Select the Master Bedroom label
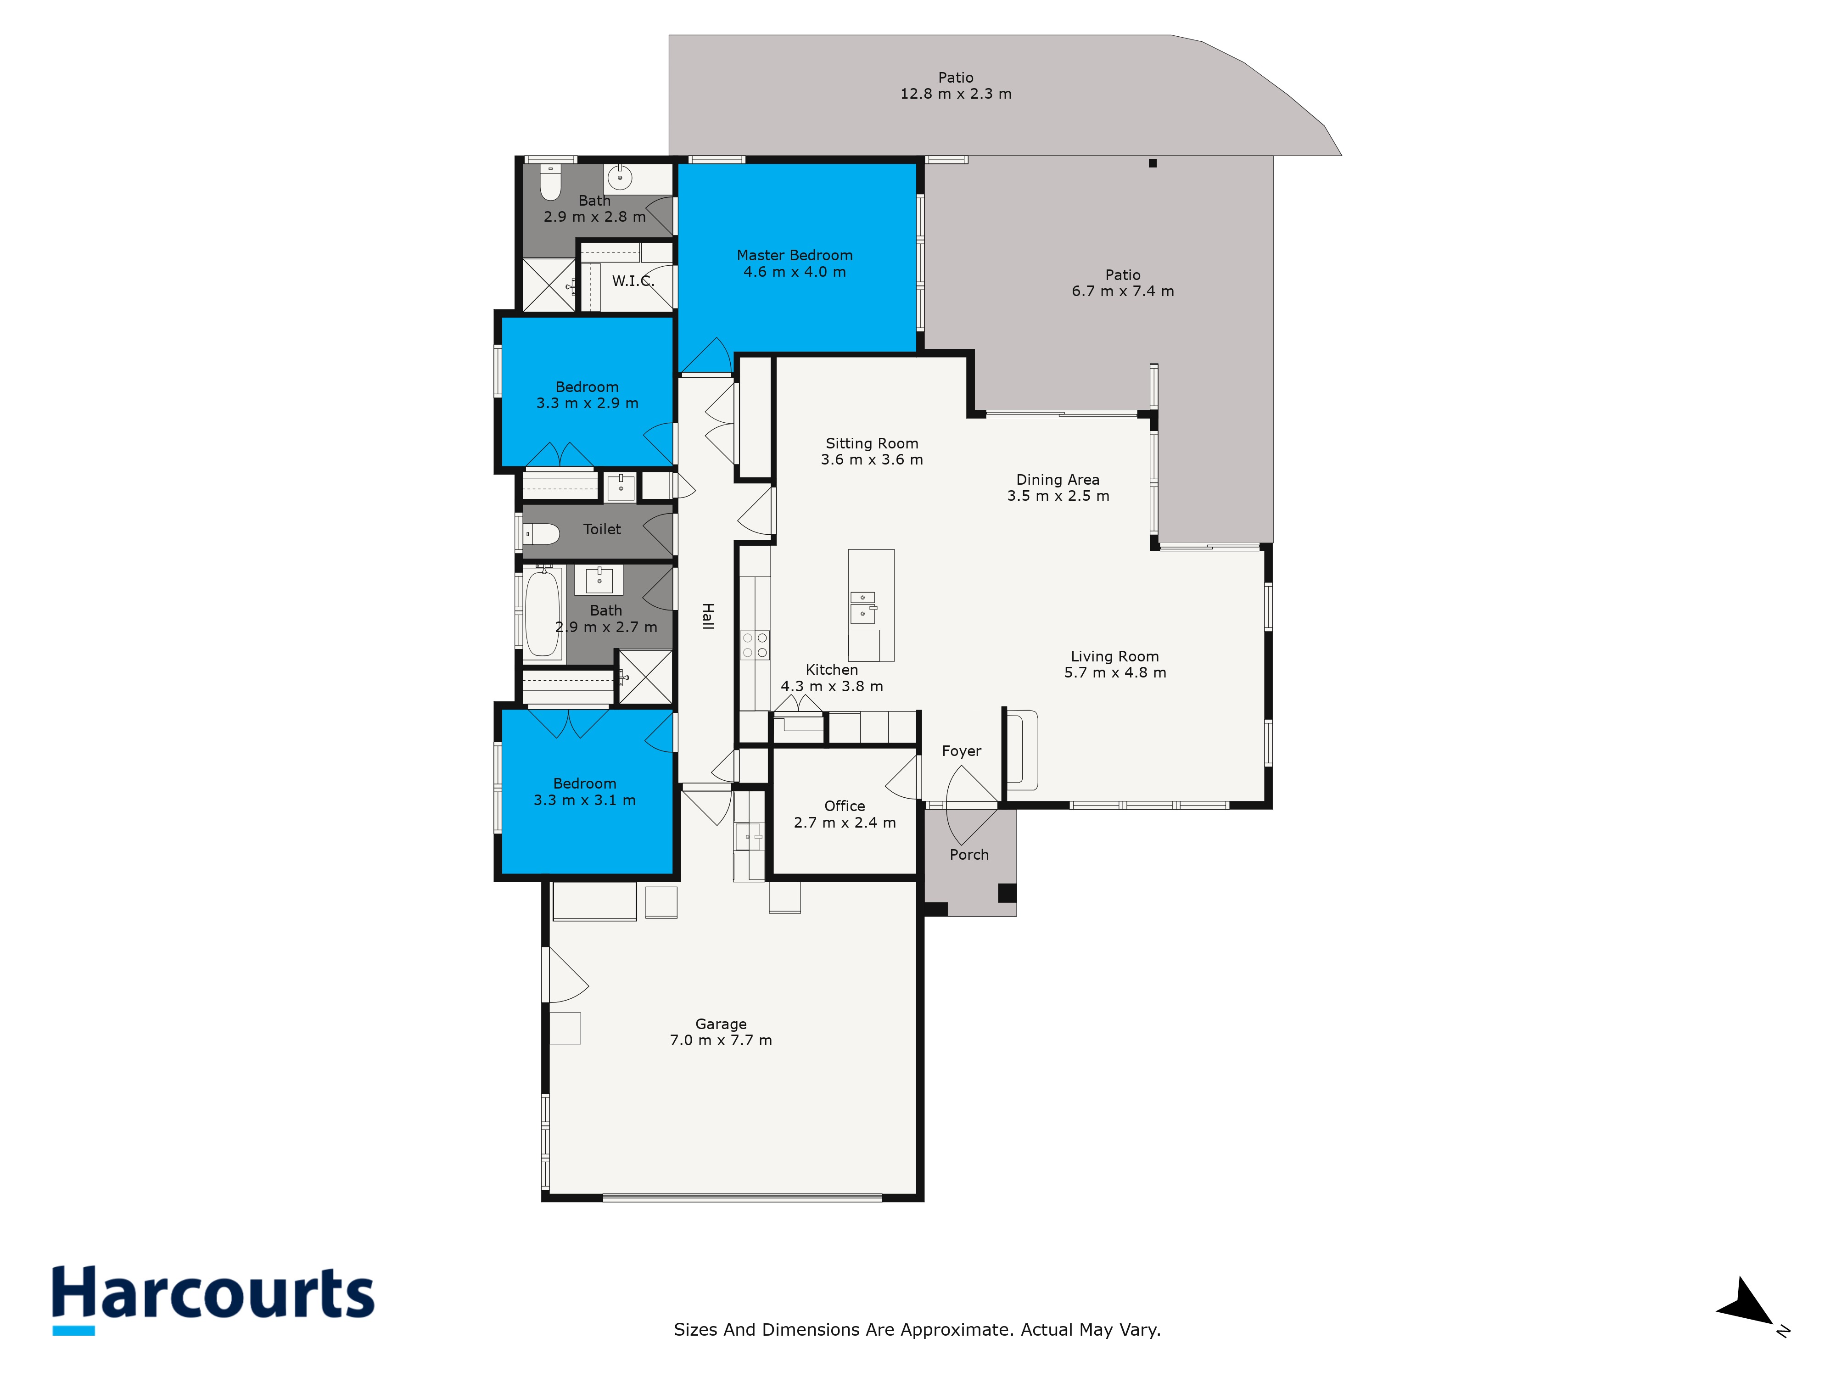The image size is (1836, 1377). pyautogui.click(x=795, y=256)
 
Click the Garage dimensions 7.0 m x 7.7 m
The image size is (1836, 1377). pyautogui.click(x=721, y=1040)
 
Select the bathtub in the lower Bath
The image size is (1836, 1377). pyautogui.click(x=543, y=613)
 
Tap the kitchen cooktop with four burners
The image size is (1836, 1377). pyautogui.click(x=755, y=645)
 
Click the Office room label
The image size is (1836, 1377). pyautogui.click(x=844, y=806)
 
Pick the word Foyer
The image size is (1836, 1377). pyautogui.click(x=961, y=751)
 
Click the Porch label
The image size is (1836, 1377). pyautogui.click(x=968, y=855)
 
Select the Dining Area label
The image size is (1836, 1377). pyautogui.click(x=1058, y=480)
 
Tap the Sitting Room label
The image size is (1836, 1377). pyautogui.click(x=872, y=443)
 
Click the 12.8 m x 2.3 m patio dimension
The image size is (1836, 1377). pyautogui.click(x=955, y=94)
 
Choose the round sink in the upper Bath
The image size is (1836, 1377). pyautogui.click(x=619, y=177)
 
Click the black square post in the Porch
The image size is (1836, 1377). pyautogui.click(x=1006, y=893)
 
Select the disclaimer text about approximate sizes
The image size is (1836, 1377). pyautogui.click(x=916, y=1330)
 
